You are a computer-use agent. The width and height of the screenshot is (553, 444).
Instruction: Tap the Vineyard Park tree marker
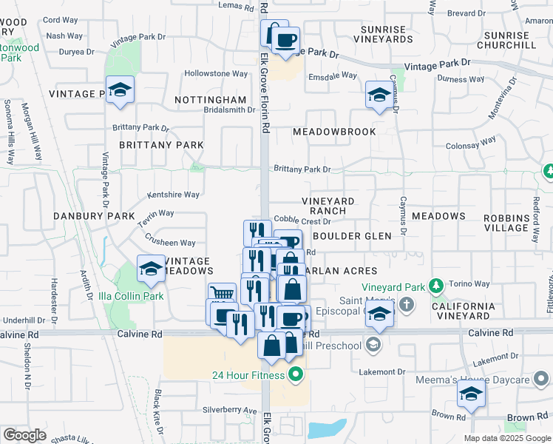(437, 286)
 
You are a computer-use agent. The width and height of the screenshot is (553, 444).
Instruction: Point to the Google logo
(24, 435)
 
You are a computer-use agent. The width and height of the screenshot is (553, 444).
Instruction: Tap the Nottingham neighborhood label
(211, 99)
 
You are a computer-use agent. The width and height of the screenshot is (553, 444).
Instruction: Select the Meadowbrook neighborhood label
(334, 132)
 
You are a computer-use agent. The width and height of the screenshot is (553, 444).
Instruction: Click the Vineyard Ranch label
(328, 206)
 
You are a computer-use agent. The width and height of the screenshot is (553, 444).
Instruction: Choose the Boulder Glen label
(347, 236)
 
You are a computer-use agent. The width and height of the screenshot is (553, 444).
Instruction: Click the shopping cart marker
(221, 294)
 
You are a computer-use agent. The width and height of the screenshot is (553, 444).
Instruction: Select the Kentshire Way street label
(174, 195)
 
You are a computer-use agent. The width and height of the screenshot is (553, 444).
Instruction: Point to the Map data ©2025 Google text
(506, 438)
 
